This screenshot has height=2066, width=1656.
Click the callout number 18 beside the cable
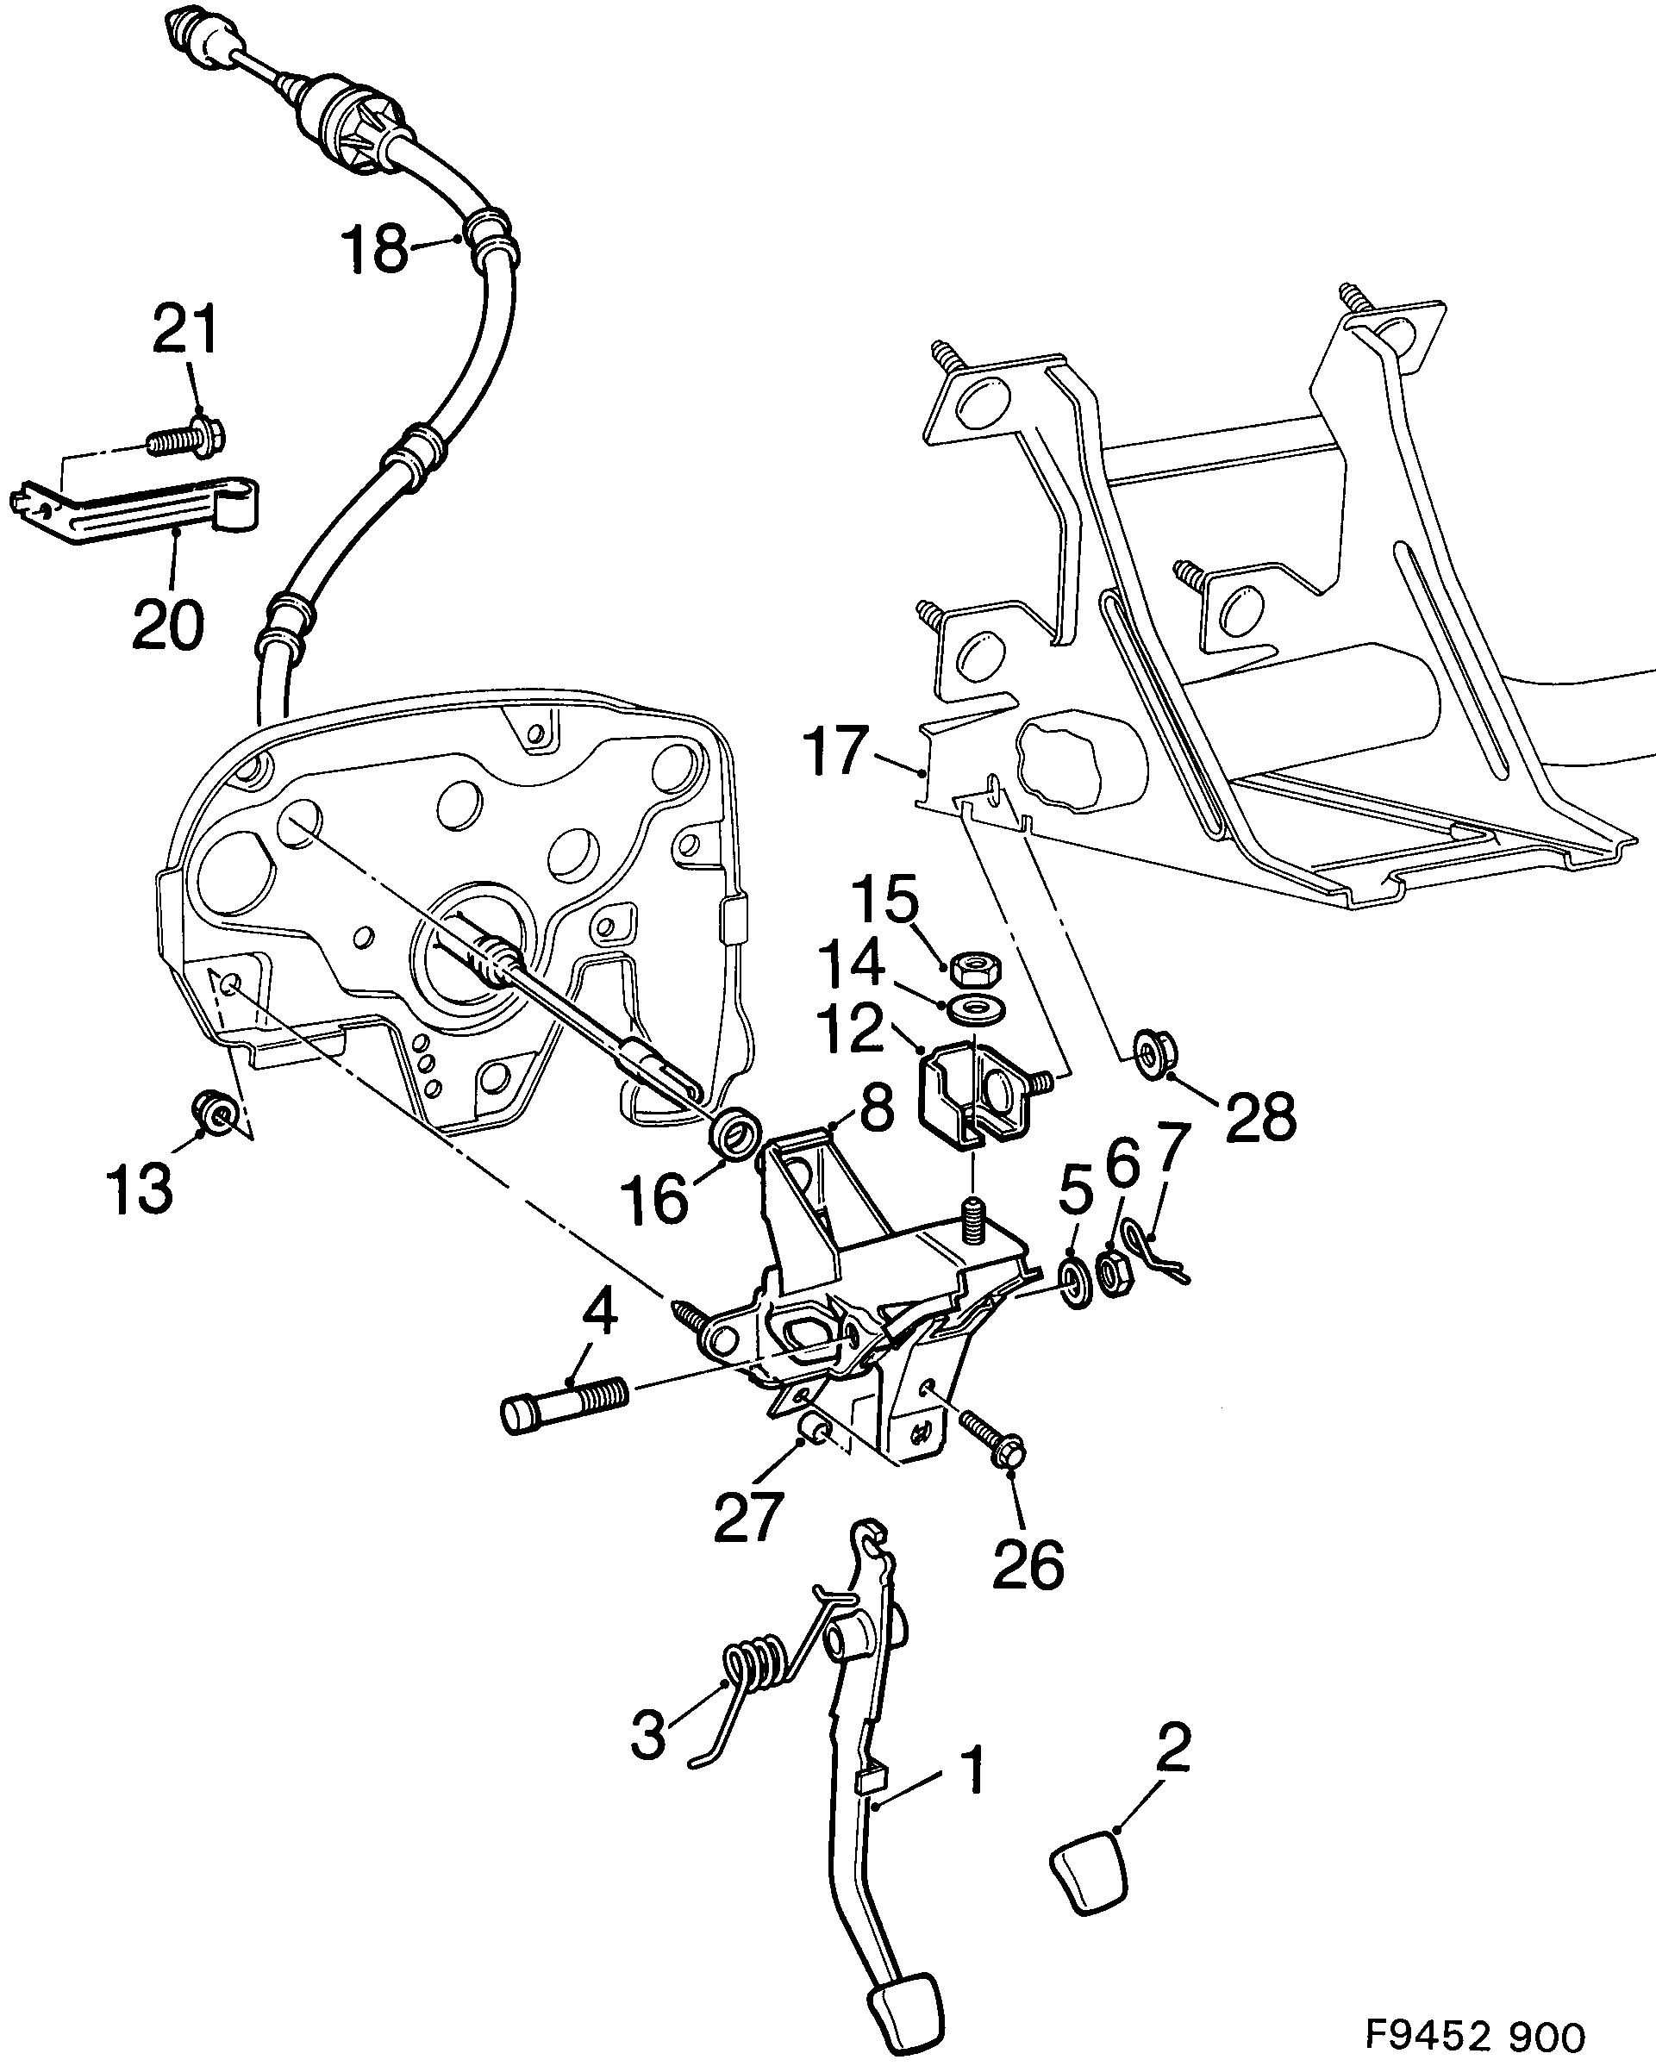point(376,250)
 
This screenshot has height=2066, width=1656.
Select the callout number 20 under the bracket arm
point(168,624)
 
